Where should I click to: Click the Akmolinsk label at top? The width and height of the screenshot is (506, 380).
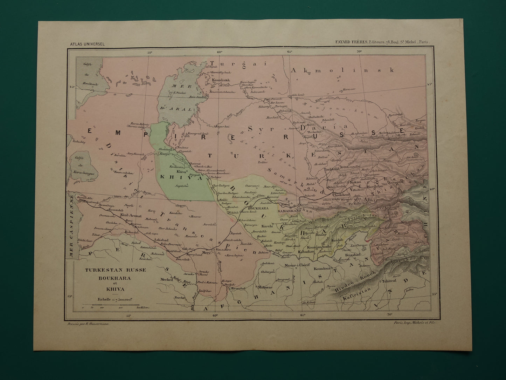pyautogui.click(x=342, y=70)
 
